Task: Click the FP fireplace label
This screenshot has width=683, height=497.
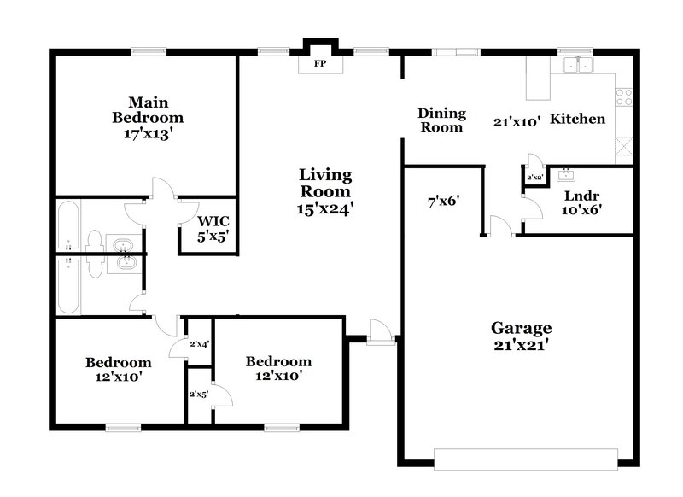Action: click(320, 63)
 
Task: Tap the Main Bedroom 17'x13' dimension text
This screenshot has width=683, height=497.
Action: click(149, 134)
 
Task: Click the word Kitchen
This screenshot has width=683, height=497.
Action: click(577, 119)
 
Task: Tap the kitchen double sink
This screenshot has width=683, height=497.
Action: click(579, 64)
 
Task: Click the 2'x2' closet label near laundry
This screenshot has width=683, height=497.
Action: click(534, 178)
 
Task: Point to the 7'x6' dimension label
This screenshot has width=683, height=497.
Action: click(444, 202)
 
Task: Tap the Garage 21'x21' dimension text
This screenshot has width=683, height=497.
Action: click(521, 345)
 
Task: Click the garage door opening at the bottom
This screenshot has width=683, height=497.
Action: click(526, 457)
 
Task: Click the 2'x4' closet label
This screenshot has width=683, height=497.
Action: click(200, 343)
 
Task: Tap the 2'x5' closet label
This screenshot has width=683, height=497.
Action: click(199, 394)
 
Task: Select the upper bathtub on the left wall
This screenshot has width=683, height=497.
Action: click(70, 226)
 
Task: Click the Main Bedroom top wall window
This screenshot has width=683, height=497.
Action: click(146, 51)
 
